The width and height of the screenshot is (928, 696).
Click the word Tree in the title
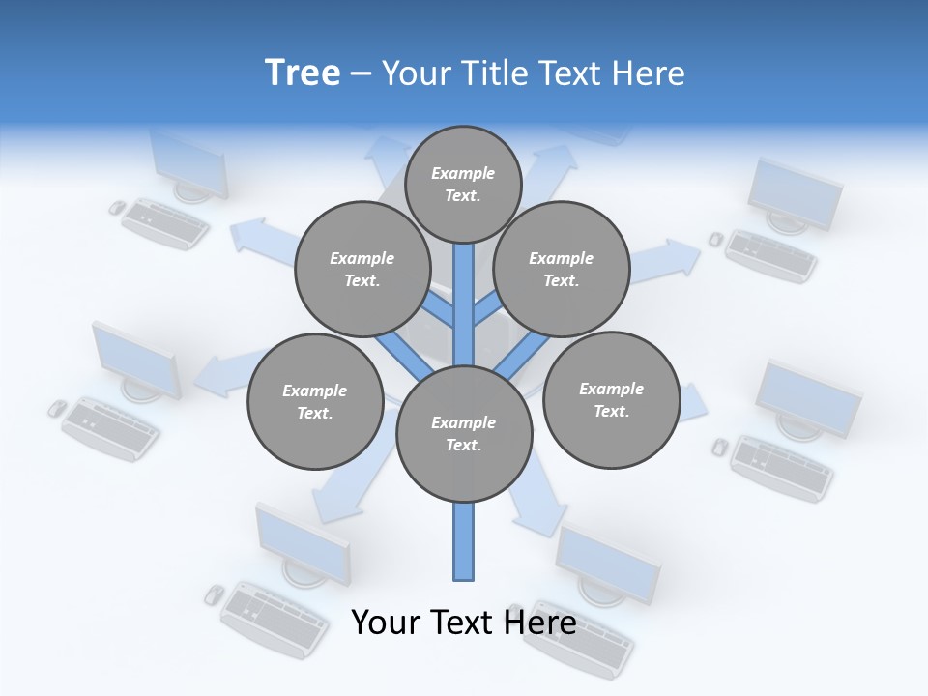303,72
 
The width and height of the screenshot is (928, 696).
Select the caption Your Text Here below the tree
463,622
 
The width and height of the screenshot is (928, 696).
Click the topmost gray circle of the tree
463,184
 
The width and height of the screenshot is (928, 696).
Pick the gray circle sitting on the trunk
464,434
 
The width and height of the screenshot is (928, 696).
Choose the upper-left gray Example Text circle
362,269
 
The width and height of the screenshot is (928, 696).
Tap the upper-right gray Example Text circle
562,269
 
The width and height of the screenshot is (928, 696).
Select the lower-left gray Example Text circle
314,401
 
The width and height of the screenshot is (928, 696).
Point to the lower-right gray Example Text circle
611,399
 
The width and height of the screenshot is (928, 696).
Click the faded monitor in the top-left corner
188,164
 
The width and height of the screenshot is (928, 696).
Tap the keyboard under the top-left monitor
165,223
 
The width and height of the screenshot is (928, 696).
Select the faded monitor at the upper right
795,193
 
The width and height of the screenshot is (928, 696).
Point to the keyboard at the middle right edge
781,468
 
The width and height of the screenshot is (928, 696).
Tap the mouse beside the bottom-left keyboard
215,594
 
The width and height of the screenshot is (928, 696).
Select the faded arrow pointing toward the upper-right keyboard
667,258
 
